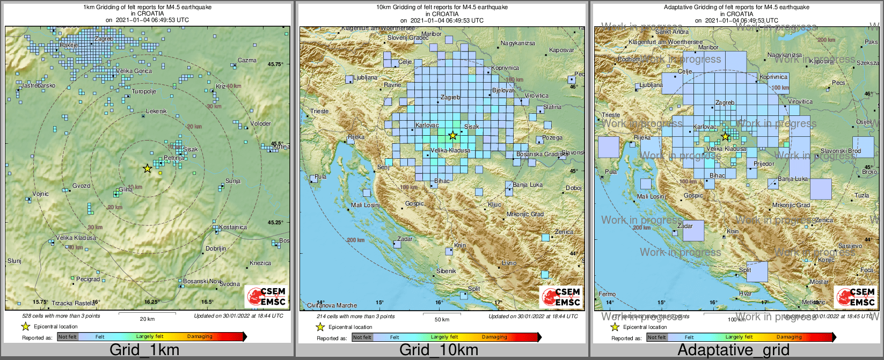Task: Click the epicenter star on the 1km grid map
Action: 147,168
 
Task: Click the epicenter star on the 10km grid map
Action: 452,135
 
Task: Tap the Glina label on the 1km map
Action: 126,189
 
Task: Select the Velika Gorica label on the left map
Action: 134,71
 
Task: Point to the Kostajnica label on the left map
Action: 233,227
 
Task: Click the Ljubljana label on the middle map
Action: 366,78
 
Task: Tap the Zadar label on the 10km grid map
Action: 405,239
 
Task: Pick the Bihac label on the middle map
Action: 442,181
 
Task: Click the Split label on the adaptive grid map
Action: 745,270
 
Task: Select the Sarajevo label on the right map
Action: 850,246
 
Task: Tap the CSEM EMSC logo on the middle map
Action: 560,297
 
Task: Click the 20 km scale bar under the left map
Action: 147,313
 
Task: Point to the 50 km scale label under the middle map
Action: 442,319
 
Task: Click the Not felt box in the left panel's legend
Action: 68,336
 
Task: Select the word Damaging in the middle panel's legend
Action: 494,337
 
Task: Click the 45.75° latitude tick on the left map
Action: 275,64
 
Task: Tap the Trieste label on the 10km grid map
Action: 319,111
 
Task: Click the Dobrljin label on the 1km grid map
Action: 216,249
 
